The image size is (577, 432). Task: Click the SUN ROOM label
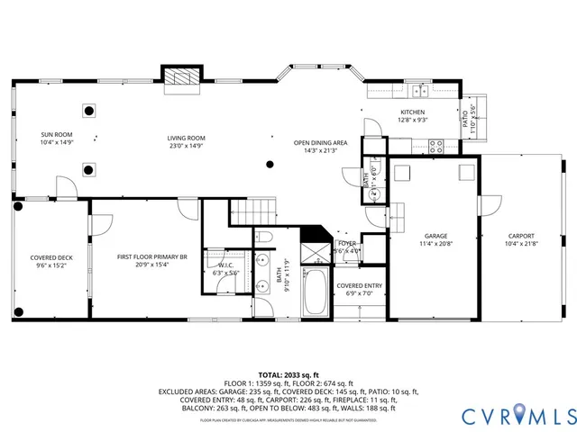(x=56, y=135)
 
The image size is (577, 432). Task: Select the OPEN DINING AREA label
(x=320, y=142)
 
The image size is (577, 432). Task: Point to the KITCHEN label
(x=412, y=112)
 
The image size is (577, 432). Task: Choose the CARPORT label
(x=521, y=236)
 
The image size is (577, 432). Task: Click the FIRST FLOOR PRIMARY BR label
(x=151, y=257)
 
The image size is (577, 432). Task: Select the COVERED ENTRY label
(x=360, y=285)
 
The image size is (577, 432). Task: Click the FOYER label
(x=347, y=244)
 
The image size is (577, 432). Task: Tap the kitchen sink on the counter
(x=419, y=91)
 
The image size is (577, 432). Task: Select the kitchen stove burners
(x=437, y=144)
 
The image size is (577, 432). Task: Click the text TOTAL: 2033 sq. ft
(x=288, y=373)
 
